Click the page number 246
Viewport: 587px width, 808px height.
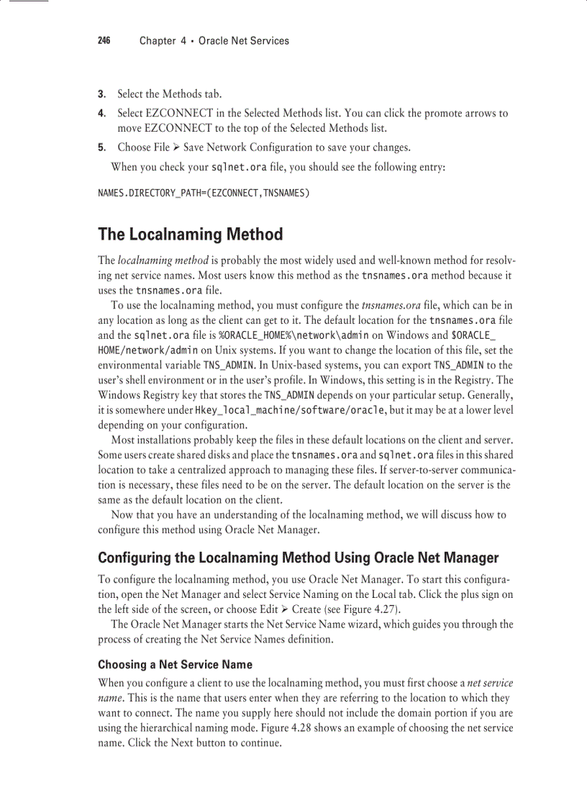tap(104, 41)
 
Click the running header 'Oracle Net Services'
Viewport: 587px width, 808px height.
tap(244, 41)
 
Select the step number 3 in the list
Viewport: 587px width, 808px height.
tap(101, 94)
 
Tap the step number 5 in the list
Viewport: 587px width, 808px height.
tap(101, 147)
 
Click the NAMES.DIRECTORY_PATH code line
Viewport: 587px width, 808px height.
tap(204, 194)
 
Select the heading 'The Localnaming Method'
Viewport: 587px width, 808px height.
tap(190, 235)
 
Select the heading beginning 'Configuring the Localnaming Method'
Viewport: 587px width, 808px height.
tap(298, 558)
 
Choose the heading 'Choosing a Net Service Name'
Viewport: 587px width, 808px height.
tap(175, 664)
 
